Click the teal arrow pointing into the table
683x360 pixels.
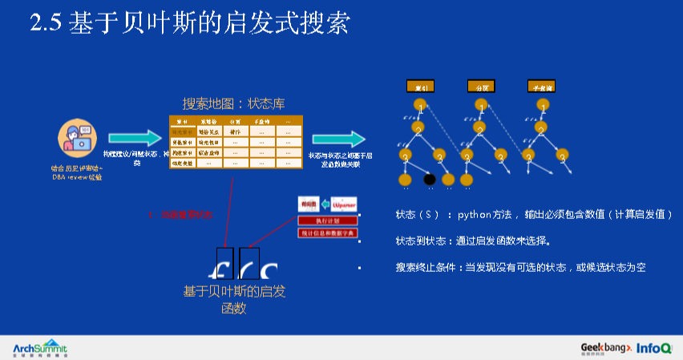click(x=134, y=139)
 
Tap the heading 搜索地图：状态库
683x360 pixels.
click(x=233, y=104)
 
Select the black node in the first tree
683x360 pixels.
click(x=429, y=179)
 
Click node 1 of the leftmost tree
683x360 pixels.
click(x=419, y=105)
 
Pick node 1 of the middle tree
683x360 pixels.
click(x=480, y=105)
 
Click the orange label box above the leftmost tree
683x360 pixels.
click(x=419, y=86)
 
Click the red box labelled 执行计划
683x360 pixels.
click(x=328, y=220)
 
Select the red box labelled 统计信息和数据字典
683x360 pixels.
click(x=328, y=233)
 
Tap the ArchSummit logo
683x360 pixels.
click(x=40, y=347)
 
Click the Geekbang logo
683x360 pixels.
click(x=606, y=347)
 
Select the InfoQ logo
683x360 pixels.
click(x=654, y=348)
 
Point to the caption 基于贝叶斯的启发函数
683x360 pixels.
click(x=233, y=299)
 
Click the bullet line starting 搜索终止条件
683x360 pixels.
click(x=520, y=267)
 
